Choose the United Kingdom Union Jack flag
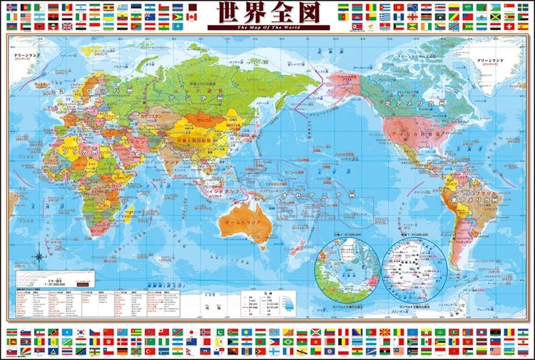point(68,26)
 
